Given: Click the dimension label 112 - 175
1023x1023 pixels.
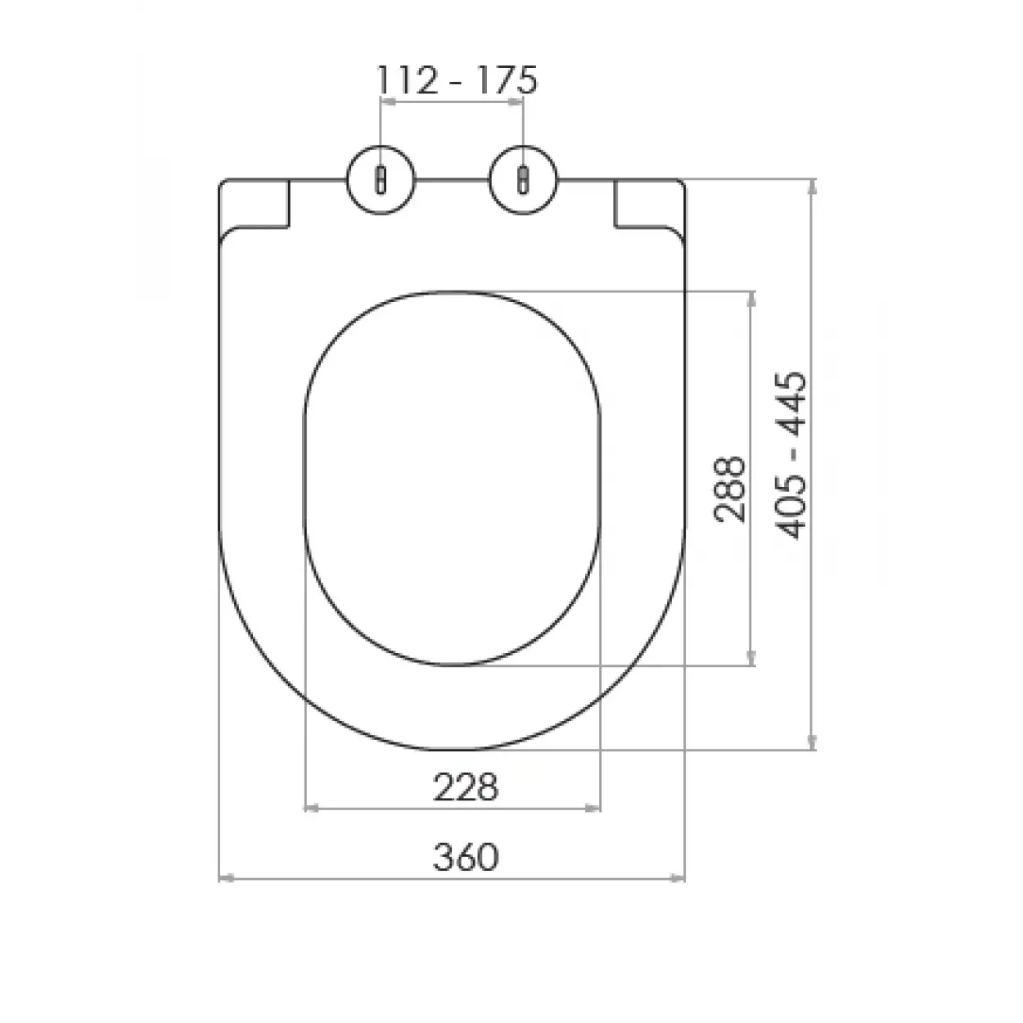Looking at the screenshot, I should [x=457, y=80].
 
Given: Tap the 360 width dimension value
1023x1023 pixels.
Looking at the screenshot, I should [x=465, y=857].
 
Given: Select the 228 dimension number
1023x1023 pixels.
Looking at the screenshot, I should [x=465, y=787].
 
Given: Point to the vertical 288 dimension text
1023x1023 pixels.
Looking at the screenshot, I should [x=729, y=489].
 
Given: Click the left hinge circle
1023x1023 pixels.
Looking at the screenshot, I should [x=381, y=181].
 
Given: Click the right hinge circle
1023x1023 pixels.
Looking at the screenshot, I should [x=524, y=181].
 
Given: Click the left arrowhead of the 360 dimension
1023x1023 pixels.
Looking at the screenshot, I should [x=225, y=878].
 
